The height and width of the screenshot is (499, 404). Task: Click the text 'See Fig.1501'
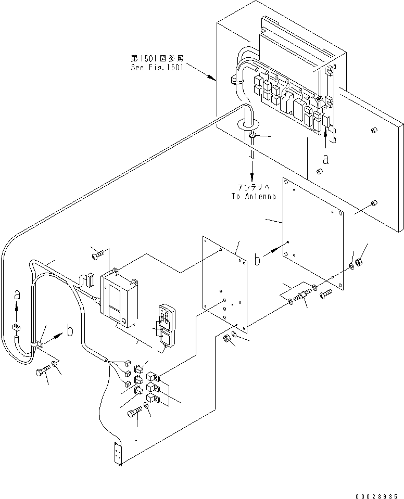tap(157, 68)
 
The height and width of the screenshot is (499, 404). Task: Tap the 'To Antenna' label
tap(254, 196)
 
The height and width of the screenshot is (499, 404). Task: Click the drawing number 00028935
tap(376, 496)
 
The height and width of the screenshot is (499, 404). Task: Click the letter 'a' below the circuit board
tap(325, 159)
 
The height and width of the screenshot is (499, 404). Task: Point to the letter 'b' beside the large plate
tap(258, 259)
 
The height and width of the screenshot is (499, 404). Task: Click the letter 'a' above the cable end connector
tap(17, 296)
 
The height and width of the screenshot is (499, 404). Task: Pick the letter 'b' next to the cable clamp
tap(70, 330)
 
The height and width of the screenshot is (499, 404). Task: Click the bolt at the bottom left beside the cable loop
tap(43, 370)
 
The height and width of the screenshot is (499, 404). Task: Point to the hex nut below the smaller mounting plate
tap(226, 339)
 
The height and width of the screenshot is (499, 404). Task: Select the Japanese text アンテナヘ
tap(254, 187)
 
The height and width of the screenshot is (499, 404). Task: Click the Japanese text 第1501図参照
tap(157, 58)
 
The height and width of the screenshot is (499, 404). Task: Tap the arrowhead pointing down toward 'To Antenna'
tap(252, 176)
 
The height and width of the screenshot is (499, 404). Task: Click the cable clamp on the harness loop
tap(36, 344)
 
